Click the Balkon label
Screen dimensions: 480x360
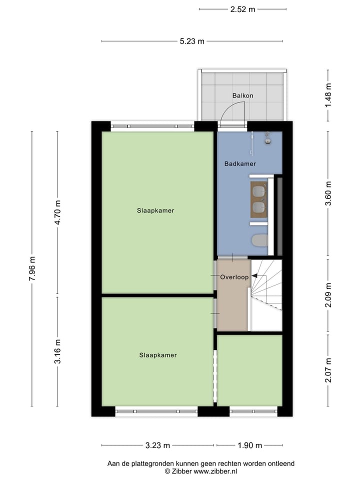pos(242,95)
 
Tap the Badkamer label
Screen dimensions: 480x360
pos(240,163)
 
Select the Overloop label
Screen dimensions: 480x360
pos(234,277)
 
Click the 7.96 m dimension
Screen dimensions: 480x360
pos(32,268)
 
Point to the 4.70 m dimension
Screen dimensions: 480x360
pos(58,212)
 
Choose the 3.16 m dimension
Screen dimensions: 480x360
pos(58,351)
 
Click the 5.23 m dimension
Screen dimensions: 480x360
pos(192,41)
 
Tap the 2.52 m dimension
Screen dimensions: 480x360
pos(242,9)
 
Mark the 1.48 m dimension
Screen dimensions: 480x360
pos(328,95)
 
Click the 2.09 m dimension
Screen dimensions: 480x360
pos(328,294)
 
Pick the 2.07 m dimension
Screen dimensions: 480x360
pos(328,370)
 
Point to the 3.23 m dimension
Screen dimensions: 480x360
pos(158,445)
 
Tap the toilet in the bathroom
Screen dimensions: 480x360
pos(259,240)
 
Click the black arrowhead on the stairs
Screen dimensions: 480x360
pos(254,275)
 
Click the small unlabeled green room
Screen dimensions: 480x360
pos(249,370)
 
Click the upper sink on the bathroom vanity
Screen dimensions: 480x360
pos(258,191)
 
